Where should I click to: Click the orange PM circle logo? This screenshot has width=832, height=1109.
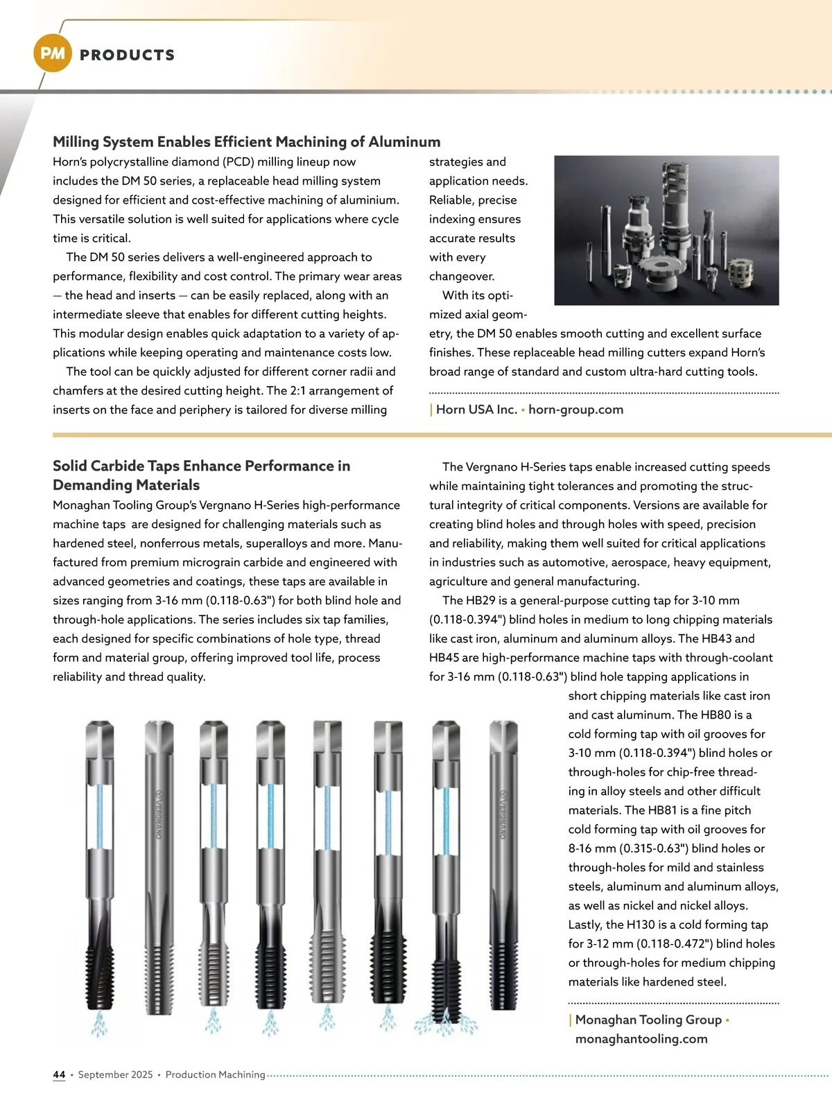[53, 53]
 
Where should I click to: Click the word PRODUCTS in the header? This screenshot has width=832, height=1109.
[128, 55]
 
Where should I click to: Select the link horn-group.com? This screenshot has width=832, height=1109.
[575, 410]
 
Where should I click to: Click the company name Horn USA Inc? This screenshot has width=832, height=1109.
[476, 410]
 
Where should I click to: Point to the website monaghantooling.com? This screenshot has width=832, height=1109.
[641, 1039]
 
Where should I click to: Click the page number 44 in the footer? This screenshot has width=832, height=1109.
[59, 1075]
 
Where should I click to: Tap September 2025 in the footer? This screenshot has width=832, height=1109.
[115, 1075]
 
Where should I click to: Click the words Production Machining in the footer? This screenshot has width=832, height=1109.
[215, 1075]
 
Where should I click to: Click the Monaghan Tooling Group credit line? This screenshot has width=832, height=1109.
[648, 1020]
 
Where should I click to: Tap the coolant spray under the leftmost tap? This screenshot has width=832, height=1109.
[100, 1022]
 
